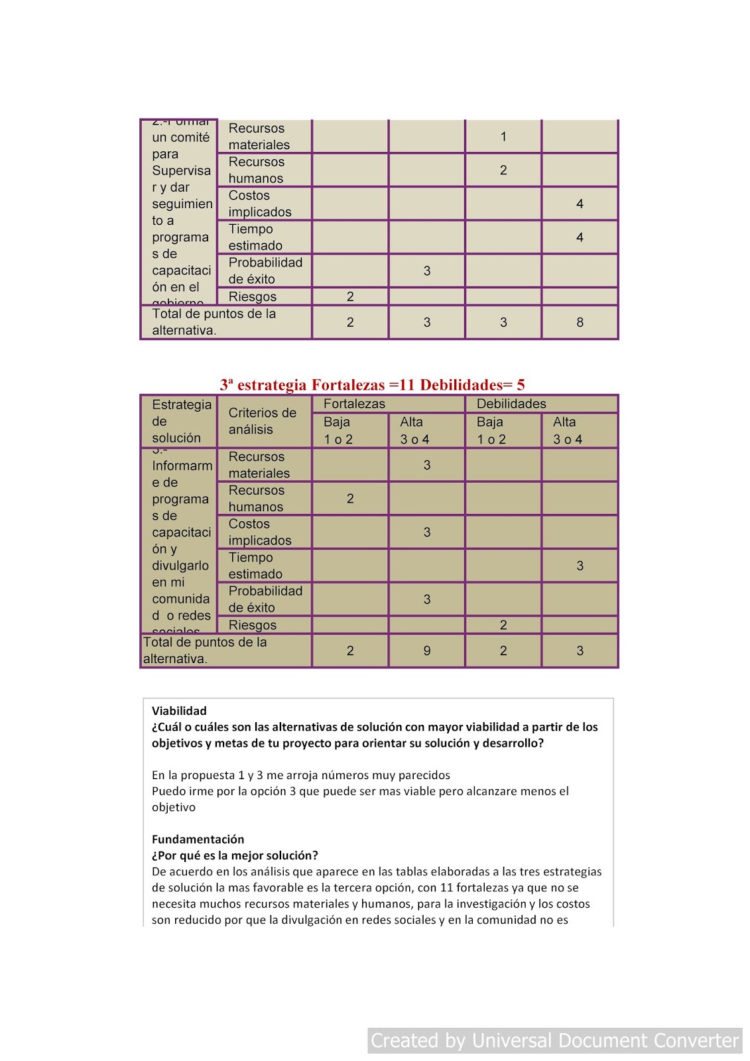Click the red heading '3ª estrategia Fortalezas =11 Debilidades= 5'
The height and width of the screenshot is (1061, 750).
[x=372, y=385]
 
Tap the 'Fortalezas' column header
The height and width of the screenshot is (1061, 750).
[x=354, y=404]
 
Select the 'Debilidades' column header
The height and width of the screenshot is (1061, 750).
[x=511, y=404]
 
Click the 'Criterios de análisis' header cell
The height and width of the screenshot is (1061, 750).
[x=263, y=421]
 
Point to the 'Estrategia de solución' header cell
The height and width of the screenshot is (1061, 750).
[x=181, y=421]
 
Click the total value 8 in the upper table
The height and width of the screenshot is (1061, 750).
[x=580, y=322]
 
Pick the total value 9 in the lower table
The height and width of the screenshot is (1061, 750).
[x=427, y=651]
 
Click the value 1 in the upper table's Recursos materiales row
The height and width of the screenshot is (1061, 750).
[x=503, y=137]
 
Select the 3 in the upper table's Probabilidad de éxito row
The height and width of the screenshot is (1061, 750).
[x=427, y=271]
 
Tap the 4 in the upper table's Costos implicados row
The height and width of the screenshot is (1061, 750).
[x=580, y=204]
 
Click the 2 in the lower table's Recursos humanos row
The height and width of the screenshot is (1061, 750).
[x=350, y=499]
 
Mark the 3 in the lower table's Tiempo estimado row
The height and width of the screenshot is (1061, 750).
[x=580, y=566]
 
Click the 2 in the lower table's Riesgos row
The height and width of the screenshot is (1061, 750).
[x=503, y=625]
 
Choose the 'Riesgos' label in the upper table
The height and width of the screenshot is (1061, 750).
[x=252, y=296]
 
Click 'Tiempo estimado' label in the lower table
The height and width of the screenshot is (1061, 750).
[x=255, y=566]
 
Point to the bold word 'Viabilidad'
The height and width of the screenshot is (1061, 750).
[x=179, y=711]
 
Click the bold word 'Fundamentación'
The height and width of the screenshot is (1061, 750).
[x=198, y=839]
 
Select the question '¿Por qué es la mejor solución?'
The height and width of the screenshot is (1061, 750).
[x=235, y=855]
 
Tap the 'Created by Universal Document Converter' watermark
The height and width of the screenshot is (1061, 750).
[x=554, y=1040]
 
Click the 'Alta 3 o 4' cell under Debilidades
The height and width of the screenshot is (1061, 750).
[x=568, y=430]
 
